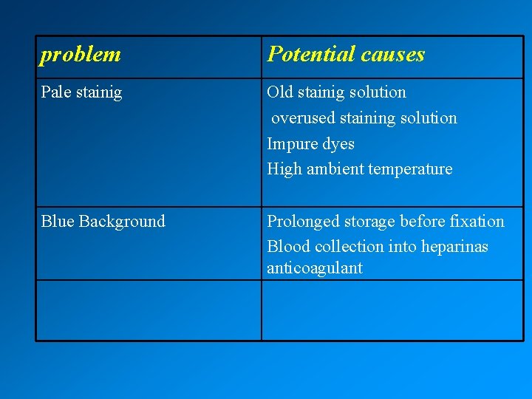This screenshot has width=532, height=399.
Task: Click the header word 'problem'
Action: (81, 55)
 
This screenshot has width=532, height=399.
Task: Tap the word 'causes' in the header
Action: (395, 54)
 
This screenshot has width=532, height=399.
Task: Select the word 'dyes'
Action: (338, 144)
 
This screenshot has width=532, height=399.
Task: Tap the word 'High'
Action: (284, 169)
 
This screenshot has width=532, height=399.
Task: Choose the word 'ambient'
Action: (335, 169)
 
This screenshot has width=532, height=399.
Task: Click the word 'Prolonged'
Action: (303, 222)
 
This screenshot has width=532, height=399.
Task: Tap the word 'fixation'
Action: (477, 222)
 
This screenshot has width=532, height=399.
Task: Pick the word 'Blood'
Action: (287, 247)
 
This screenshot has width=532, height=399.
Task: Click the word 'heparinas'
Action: (454, 247)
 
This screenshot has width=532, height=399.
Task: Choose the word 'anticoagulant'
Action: (314, 268)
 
